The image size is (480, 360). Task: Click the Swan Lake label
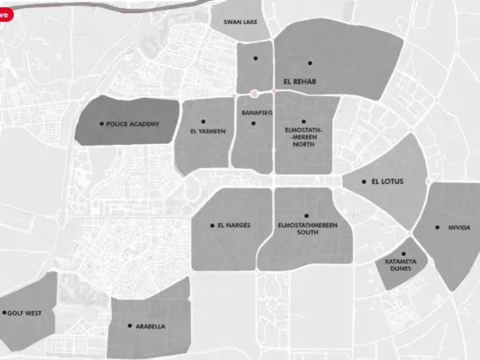point(240,22)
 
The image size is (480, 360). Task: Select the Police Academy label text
point(133,124)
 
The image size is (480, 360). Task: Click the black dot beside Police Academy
point(101,124)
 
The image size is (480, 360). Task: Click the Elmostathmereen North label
point(304,137)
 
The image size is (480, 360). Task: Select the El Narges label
point(234,226)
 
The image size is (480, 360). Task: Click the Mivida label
point(459,227)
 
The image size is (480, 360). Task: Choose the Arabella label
point(150,326)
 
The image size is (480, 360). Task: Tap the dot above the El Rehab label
point(310,62)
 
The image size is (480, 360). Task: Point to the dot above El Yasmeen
point(204,121)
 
